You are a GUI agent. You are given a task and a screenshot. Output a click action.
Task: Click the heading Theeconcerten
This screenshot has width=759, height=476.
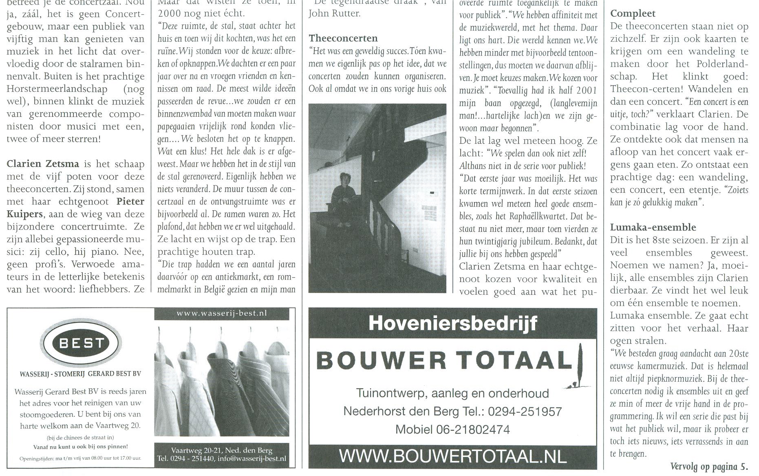(343, 38)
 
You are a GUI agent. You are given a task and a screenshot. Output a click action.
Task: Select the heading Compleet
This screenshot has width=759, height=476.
(633, 13)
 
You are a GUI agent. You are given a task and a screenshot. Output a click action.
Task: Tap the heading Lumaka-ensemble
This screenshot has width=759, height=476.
(653, 227)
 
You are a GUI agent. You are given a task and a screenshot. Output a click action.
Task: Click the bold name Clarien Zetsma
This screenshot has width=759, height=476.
(43, 164)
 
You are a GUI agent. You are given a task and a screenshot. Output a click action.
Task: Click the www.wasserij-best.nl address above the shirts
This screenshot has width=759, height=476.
(222, 314)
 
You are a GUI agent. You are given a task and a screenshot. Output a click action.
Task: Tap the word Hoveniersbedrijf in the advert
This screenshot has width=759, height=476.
(452, 323)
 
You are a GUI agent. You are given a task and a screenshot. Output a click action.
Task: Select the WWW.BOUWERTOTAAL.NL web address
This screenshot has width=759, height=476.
(452, 456)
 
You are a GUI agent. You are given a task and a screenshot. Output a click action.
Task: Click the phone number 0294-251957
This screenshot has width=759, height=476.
(525, 411)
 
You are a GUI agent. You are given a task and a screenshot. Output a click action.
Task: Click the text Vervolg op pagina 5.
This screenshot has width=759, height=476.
(709, 466)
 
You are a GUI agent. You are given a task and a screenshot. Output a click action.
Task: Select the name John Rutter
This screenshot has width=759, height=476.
(334, 13)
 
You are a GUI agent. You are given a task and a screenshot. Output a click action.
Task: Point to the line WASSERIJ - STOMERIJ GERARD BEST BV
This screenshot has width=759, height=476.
(80, 374)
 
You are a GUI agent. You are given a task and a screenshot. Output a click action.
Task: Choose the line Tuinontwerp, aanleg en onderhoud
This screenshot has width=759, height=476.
(452, 393)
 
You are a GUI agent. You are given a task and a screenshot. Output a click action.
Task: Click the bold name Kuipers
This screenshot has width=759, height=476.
(24, 214)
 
